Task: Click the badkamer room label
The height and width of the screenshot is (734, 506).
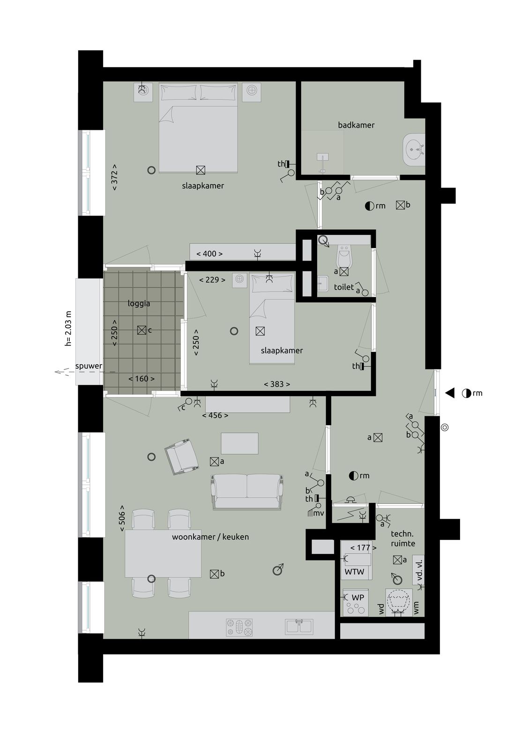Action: pos(356,125)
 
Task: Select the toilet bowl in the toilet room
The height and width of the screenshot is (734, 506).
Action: pos(343,256)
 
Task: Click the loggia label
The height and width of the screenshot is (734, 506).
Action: pos(139,304)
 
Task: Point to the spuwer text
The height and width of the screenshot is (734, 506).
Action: pos(89,366)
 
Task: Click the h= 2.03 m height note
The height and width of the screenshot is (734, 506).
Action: pos(68,329)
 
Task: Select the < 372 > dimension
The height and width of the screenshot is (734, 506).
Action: pos(114,177)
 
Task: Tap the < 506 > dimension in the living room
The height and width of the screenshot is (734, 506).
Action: pos(122,518)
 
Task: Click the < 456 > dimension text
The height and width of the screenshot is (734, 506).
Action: pos(215,416)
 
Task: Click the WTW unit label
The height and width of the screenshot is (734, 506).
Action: pos(354,572)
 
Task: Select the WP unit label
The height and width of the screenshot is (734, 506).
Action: pos(358,598)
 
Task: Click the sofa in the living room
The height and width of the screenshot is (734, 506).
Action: pos(247,491)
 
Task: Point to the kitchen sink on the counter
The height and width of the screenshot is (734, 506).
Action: pos(299,626)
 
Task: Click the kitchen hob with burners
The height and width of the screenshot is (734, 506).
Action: pos(239,627)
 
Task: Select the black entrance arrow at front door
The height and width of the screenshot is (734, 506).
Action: pos(450,393)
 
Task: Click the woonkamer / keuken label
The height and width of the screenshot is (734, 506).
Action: pos(210,537)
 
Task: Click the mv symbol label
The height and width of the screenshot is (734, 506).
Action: pos(319,513)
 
